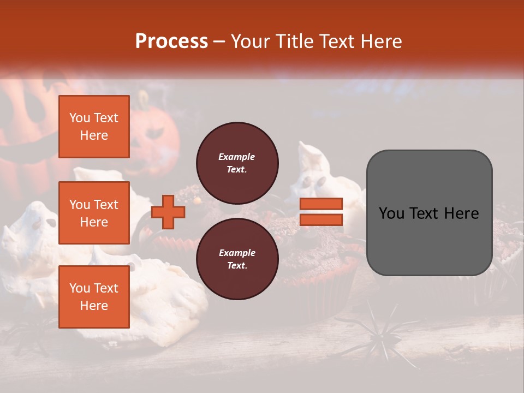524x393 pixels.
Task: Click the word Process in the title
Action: (x=171, y=41)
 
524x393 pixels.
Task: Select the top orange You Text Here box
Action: (x=94, y=127)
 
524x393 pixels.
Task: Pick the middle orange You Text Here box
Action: (x=94, y=213)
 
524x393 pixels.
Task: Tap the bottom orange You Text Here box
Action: (x=94, y=297)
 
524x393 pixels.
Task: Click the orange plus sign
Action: (x=168, y=212)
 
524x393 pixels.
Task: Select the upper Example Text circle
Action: (x=237, y=163)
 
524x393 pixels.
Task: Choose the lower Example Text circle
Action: (x=237, y=259)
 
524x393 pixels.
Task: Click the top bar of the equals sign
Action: (x=321, y=204)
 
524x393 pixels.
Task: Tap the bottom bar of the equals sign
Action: (x=321, y=219)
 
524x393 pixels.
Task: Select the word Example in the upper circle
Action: (x=237, y=157)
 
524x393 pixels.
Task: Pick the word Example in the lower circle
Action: (x=237, y=253)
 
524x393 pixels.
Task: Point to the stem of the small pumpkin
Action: (x=144, y=98)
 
